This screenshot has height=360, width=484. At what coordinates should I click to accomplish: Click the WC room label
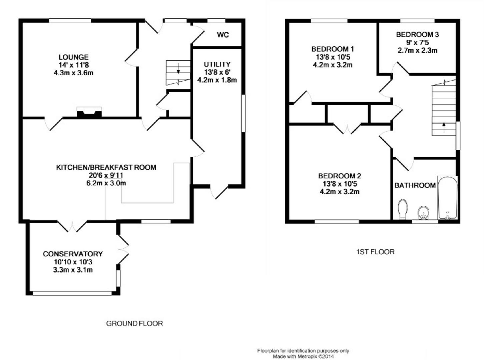(x=223, y=35)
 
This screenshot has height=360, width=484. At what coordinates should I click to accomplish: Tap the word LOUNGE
(x=73, y=57)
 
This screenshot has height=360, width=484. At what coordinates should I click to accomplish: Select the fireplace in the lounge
(x=89, y=113)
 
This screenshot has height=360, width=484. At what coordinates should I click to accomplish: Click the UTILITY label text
(x=217, y=64)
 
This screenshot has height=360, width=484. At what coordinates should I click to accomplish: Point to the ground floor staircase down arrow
(x=178, y=68)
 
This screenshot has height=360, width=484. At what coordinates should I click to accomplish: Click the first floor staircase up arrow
(x=444, y=128)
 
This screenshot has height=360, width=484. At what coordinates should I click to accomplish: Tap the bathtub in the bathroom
(x=447, y=198)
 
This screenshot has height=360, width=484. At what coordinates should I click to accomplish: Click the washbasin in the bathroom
(x=423, y=213)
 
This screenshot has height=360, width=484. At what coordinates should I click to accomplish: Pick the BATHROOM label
(x=415, y=185)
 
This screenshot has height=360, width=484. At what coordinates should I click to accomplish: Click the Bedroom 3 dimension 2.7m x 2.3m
(x=417, y=50)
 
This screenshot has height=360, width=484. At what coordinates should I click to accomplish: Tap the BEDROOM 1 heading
(x=333, y=49)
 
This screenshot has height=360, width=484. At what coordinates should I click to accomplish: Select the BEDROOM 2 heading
(x=340, y=176)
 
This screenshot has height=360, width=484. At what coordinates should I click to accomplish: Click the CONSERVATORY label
(x=73, y=254)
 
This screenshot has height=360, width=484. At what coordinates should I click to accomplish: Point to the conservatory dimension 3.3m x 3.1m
(x=73, y=270)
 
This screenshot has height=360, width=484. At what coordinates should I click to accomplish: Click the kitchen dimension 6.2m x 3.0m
(x=106, y=183)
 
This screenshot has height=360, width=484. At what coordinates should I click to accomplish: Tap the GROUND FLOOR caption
(x=134, y=323)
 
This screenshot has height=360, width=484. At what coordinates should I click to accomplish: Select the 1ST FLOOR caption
(x=375, y=252)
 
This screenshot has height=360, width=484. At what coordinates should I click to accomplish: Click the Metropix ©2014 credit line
(x=303, y=356)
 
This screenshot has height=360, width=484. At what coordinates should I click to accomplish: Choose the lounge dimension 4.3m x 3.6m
(x=73, y=73)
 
